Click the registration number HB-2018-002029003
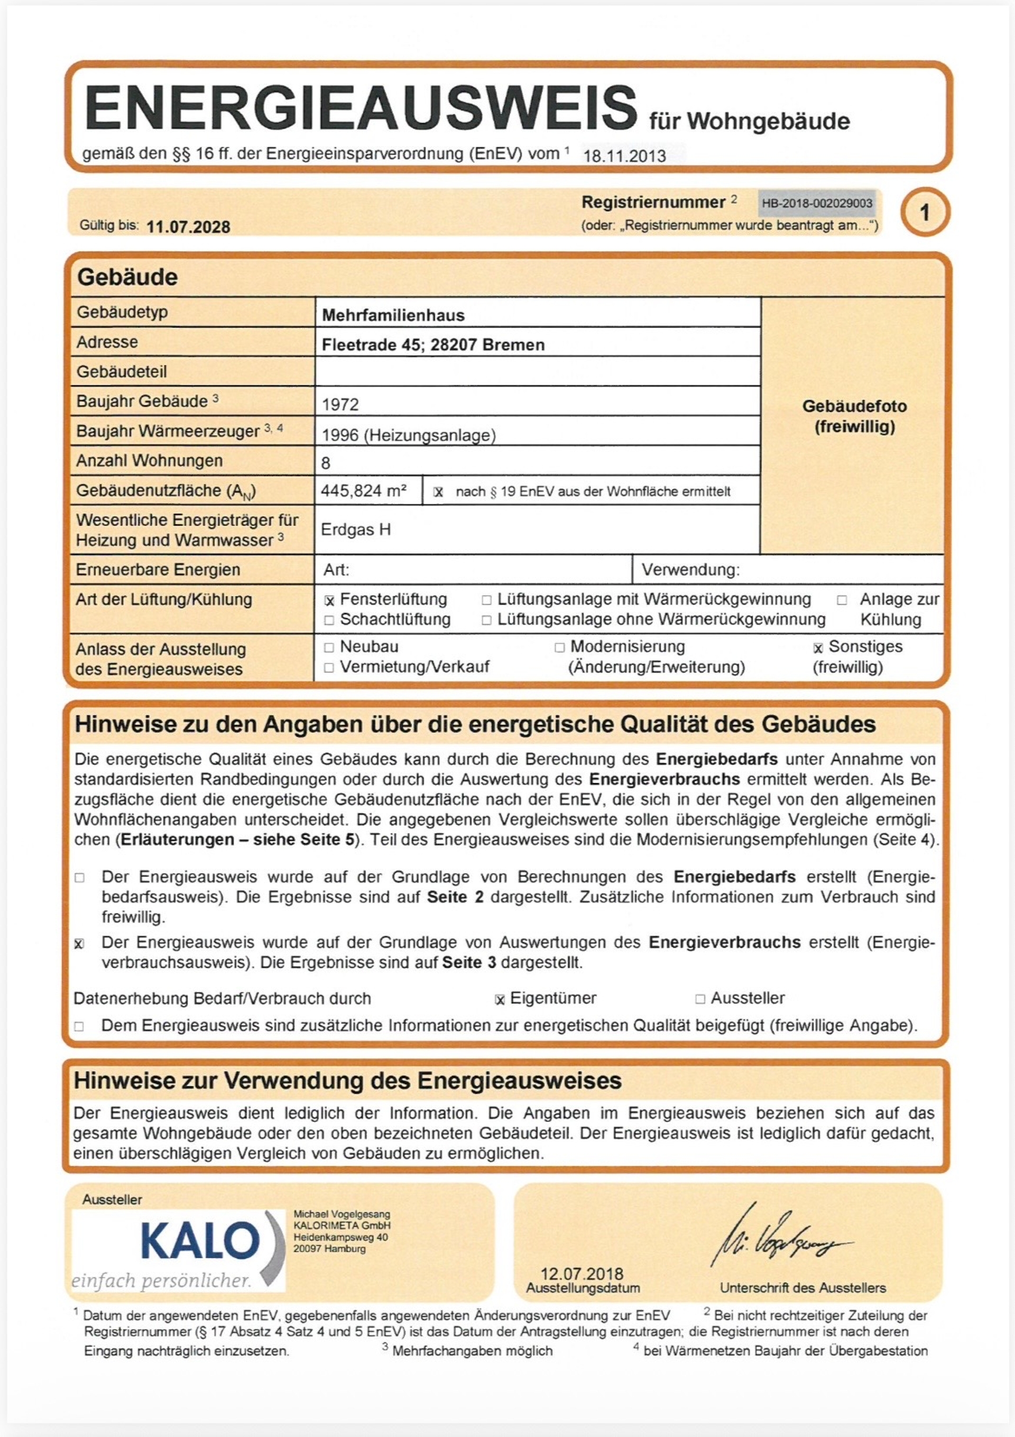point(817,204)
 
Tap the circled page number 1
point(924,213)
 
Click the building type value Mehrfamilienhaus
point(393,315)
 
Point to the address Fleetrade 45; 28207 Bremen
point(433,345)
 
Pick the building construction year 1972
point(340,404)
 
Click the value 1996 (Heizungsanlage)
point(408,435)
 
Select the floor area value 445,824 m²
point(364,491)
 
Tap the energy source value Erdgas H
point(355,529)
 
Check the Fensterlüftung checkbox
point(329,601)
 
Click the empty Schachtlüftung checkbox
point(329,620)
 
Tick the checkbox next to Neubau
point(329,648)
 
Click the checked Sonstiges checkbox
point(818,648)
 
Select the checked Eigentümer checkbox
point(500,1000)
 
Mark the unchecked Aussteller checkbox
point(700,1000)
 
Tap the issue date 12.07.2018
point(582,1274)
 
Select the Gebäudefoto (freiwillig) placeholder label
point(854,416)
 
